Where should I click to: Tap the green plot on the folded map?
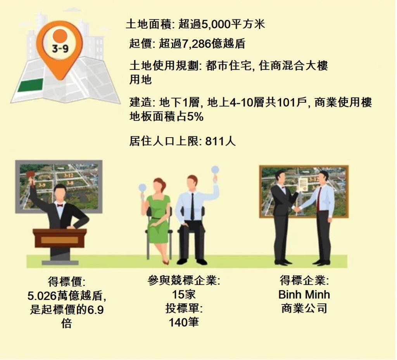[31, 85]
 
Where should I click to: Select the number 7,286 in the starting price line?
[197, 44]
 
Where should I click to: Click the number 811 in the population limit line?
[215, 141]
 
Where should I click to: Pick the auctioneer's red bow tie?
[60, 205]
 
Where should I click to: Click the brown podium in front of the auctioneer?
[60, 238]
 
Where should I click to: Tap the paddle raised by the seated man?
[214, 169]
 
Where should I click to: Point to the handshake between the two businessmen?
[297, 209]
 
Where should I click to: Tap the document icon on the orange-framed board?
[304, 186]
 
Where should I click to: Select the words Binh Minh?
[304, 295]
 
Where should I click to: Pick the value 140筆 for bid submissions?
[184, 322]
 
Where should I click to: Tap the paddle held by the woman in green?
[142, 187]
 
